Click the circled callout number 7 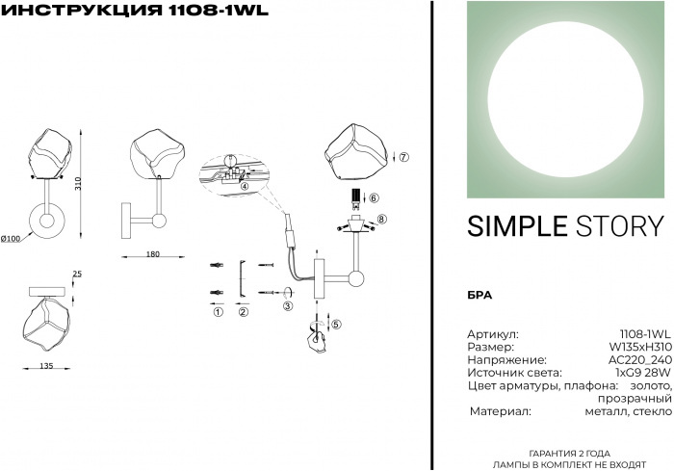tap(403, 157)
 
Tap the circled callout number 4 tap(244, 186)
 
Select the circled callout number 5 tap(337, 325)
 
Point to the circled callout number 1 tap(219, 312)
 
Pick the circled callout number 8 tap(381, 220)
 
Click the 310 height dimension tap(78, 185)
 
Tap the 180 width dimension tap(152, 254)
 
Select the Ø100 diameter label tap(11, 238)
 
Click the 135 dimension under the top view tap(46, 366)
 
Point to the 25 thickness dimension tap(77, 274)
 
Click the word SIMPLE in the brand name tap(517, 226)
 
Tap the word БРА tap(480, 296)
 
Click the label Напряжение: tap(506, 360)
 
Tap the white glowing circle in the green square tap(566, 99)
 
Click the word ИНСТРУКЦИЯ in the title tap(80, 10)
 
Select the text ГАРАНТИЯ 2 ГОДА tap(569, 454)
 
